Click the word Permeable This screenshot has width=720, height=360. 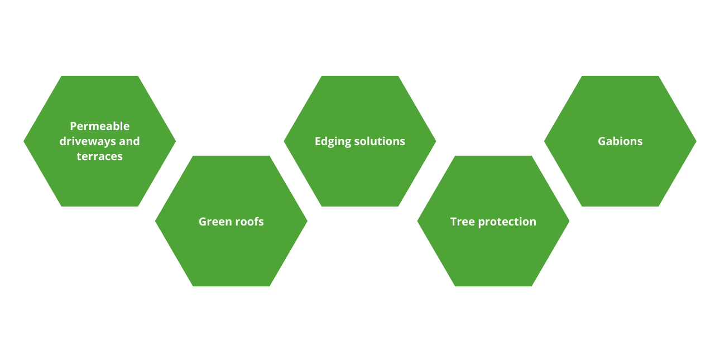pyautogui.click(x=99, y=126)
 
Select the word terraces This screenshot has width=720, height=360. pyautogui.click(x=99, y=156)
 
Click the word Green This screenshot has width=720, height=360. pyautogui.click(x=213, y=222)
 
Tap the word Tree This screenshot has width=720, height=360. pyautogui.click(x=463, y=222)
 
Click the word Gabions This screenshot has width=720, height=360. pyautogui.click(x=620, y=141)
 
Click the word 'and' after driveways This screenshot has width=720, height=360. pyautogui.click(x=129, y=141)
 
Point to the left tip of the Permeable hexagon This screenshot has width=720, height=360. pyautogui.click(x=25, y=141)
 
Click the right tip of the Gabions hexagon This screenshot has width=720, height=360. pyautogui.click(x=695, y=141)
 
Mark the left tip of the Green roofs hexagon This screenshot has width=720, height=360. pyautogui.click(x=156, y=221)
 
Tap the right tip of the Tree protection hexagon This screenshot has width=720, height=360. pyautogui.click(x=568, y=221)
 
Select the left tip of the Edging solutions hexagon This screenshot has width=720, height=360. pyautogui.click(x=285, y=141)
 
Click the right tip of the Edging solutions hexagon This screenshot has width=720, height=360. pyautogui.click(x=435, y=141)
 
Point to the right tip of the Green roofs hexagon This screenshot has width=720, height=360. pyautogui.click(x=306, y=221)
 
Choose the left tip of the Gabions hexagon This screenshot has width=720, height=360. pyautogui.click(x=545, y=141)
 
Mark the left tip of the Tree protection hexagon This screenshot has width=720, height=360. pyautogui.click(x=418, y=221)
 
